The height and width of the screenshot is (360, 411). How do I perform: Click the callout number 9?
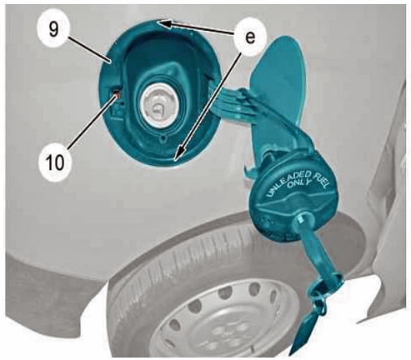54,30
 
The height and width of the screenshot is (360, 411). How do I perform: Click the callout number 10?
55,162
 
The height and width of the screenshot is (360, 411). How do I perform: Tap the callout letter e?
250,37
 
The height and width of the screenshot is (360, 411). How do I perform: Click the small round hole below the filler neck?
164,137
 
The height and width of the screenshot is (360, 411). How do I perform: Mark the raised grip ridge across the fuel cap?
289,204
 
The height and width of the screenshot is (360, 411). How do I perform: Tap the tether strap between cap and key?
315,250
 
